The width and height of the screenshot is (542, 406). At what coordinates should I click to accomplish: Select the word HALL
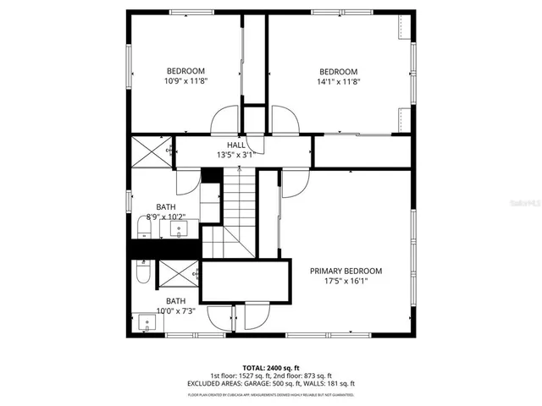pos(235,145)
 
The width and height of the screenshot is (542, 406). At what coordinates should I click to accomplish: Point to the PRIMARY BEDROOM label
pos(346,272)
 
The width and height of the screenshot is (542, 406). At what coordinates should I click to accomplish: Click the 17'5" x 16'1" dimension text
pos(346,282)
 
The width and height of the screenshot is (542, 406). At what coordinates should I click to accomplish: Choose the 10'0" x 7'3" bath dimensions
pos(175,311)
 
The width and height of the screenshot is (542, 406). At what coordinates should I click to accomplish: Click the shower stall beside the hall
pos(151,153)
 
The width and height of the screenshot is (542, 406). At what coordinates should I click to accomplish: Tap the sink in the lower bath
pos(147,322)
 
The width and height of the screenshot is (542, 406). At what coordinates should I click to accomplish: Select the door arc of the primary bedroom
pos(294,182)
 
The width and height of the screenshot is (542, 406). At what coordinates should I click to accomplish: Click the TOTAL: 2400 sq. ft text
pos(271,367)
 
